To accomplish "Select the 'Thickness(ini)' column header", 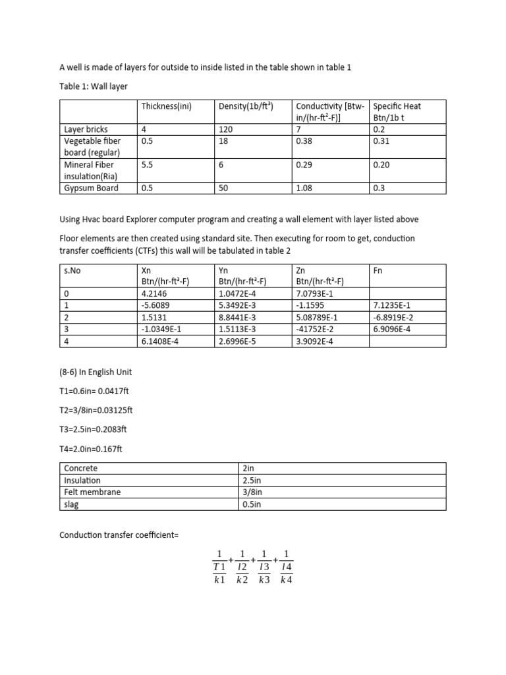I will pyautogui.click(x=166, y=106).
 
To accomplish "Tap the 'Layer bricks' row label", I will pyautogui.click(x=86, y=130).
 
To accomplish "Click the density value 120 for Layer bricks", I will pyautogui.click(x=225, y=130).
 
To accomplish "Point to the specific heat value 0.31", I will pyautogui.click(x=380, y=140).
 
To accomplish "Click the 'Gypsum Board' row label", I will pyautogui.click(x=91, y=188).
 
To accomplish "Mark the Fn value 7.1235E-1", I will pyautogui.click(x=393, y=305).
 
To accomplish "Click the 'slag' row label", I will pyautogui.click(x=72, y=504).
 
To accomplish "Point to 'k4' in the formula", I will pyautogui.click(x=285, y=580).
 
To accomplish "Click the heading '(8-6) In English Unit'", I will pyautogui.click(x=96, y=372).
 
